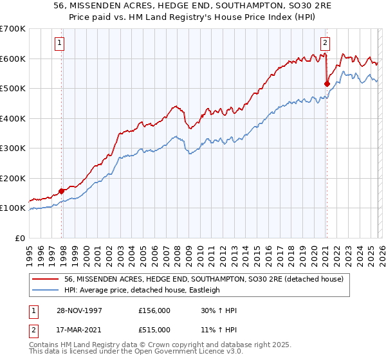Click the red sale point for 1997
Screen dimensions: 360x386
62,191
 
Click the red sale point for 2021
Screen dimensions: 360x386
327,84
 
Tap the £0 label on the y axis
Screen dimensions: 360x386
21,238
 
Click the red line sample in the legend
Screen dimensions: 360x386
46,279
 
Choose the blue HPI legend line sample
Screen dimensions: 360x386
46,290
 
